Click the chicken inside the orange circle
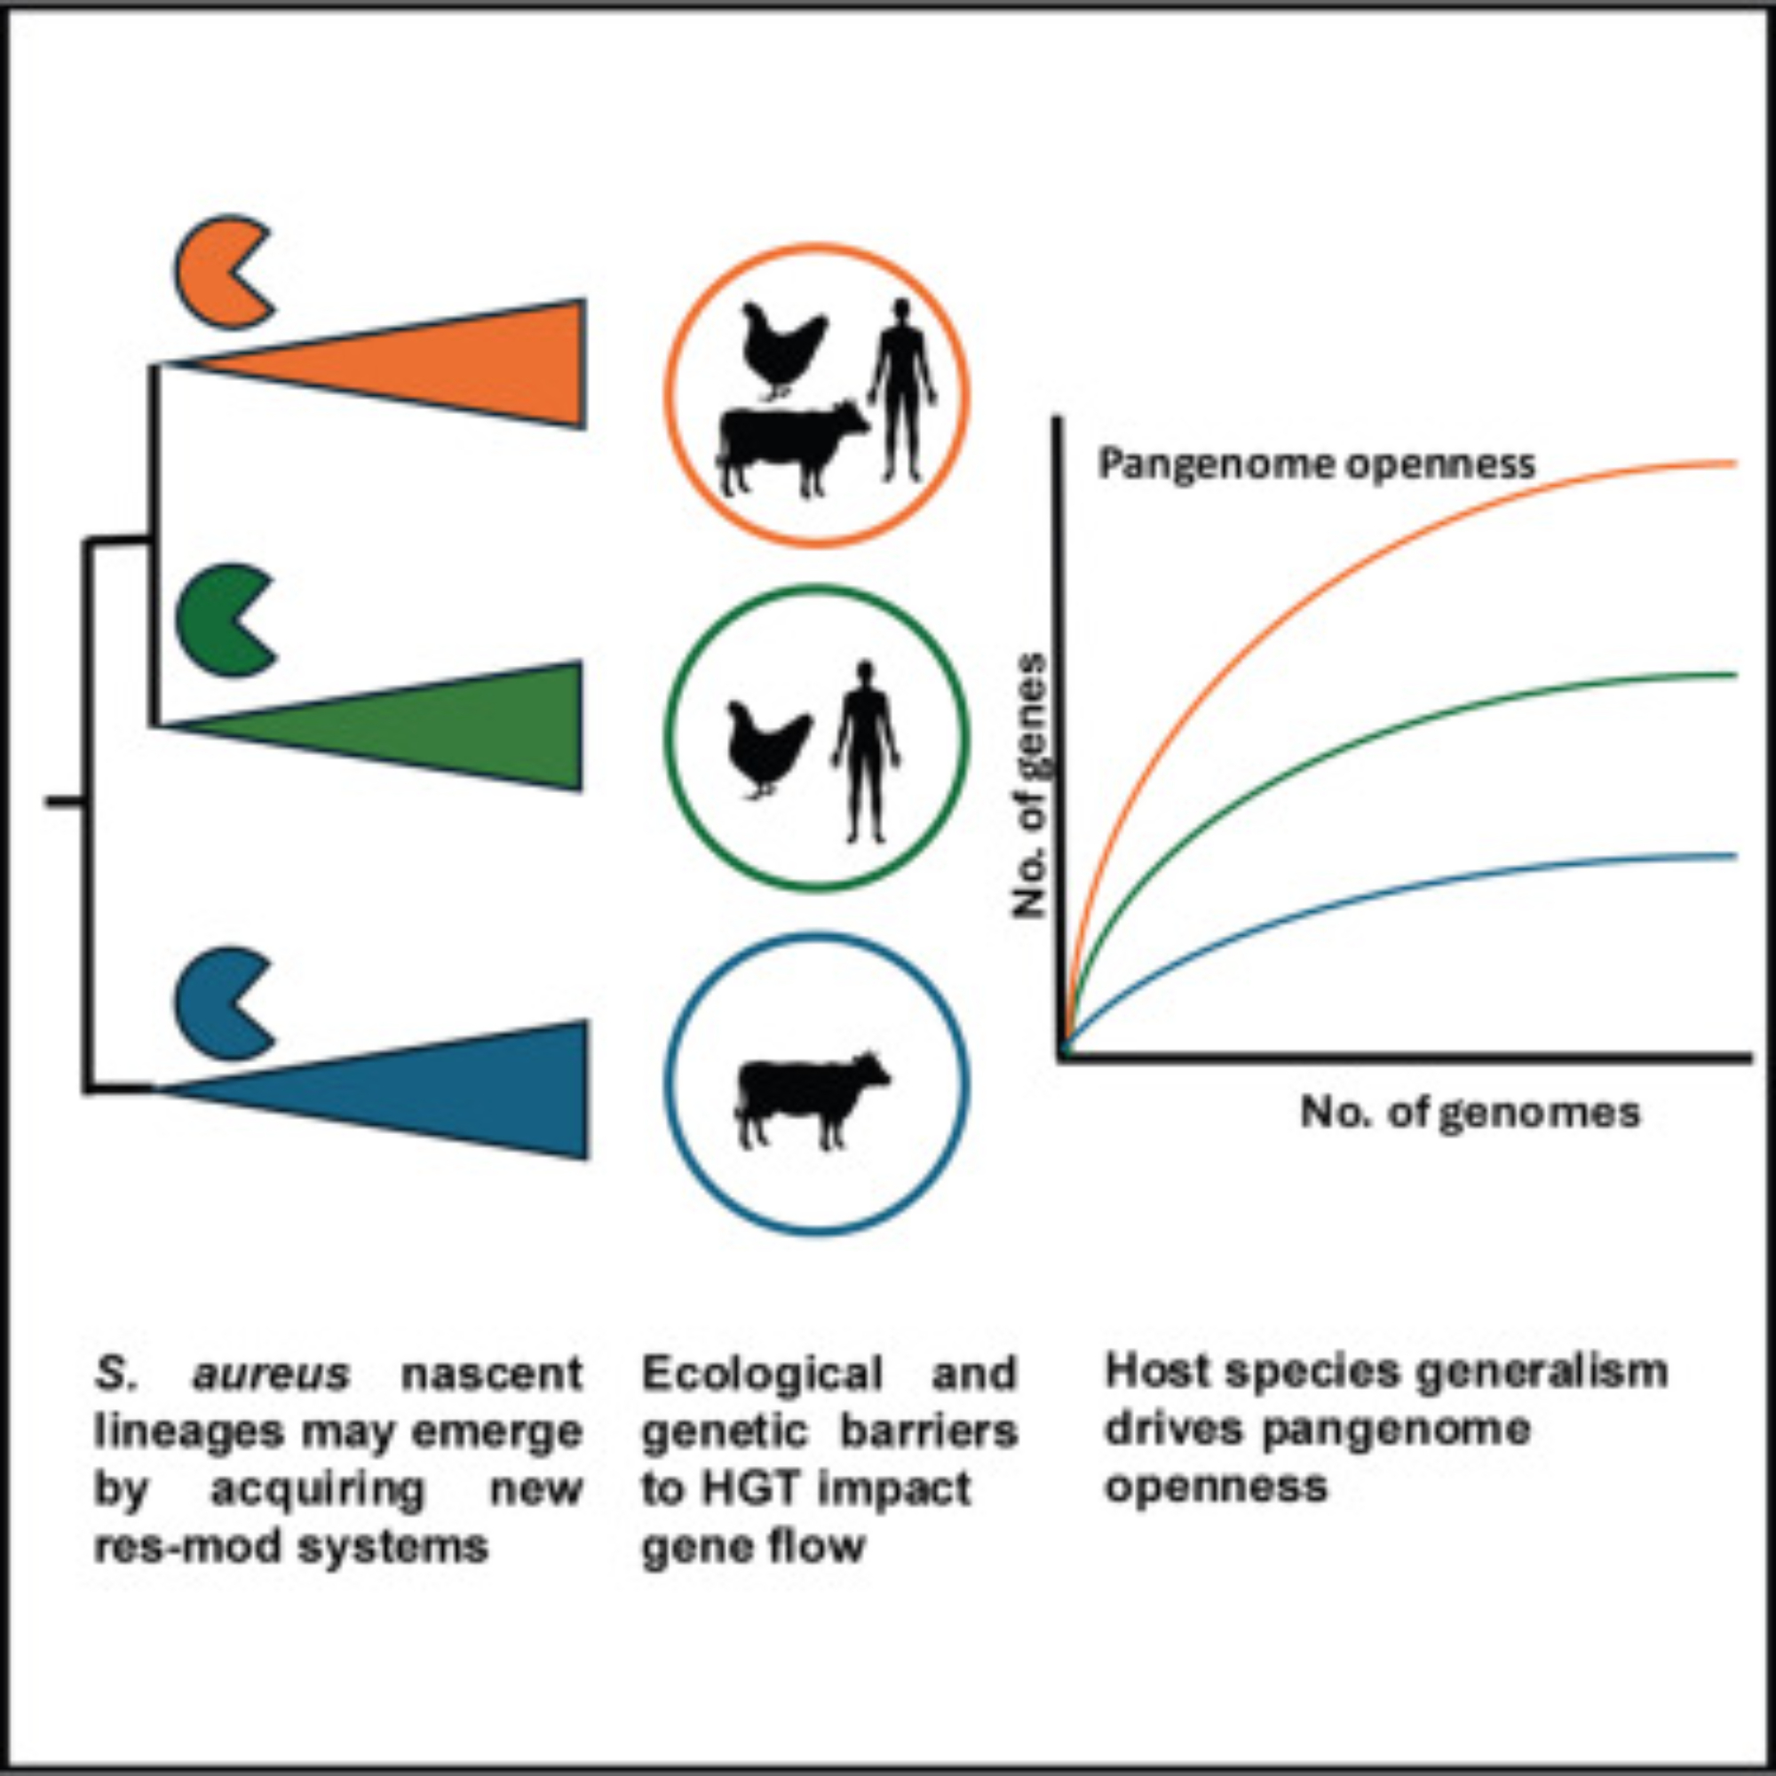coord(781,349)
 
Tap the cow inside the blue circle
coord(809,1098)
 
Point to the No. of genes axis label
coord(1031,786)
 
